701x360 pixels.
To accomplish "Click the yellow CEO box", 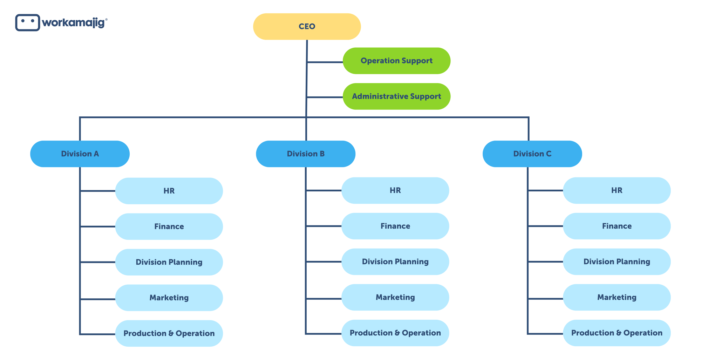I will coord(307,27).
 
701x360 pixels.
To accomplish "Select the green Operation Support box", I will coord(396,61).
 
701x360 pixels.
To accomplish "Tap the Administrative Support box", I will coord(396,96).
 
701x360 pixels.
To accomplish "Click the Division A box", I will coord(80,154).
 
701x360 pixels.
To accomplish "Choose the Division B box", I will coord(306,154).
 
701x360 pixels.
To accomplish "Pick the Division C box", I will coord(532,154).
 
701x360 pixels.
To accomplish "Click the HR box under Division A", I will coord(169,191).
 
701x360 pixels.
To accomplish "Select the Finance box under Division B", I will coord(395,226).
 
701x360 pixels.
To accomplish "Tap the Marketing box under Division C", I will coord(617,297).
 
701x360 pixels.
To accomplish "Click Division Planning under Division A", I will coord(169,262).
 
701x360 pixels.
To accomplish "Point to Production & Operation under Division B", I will coord(395,333).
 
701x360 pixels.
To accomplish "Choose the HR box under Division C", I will coord(617,190).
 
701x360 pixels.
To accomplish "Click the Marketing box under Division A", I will coord(169,298).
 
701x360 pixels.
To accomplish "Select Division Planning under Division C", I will coord(617,261).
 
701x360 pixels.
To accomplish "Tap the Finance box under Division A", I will coord(169,226).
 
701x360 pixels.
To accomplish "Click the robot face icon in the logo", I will coord(27,23).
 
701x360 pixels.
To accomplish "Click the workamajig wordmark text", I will coord(74,23).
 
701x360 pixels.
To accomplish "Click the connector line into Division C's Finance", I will coord(545,226).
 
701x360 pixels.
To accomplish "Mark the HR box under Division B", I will coord(395,190).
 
